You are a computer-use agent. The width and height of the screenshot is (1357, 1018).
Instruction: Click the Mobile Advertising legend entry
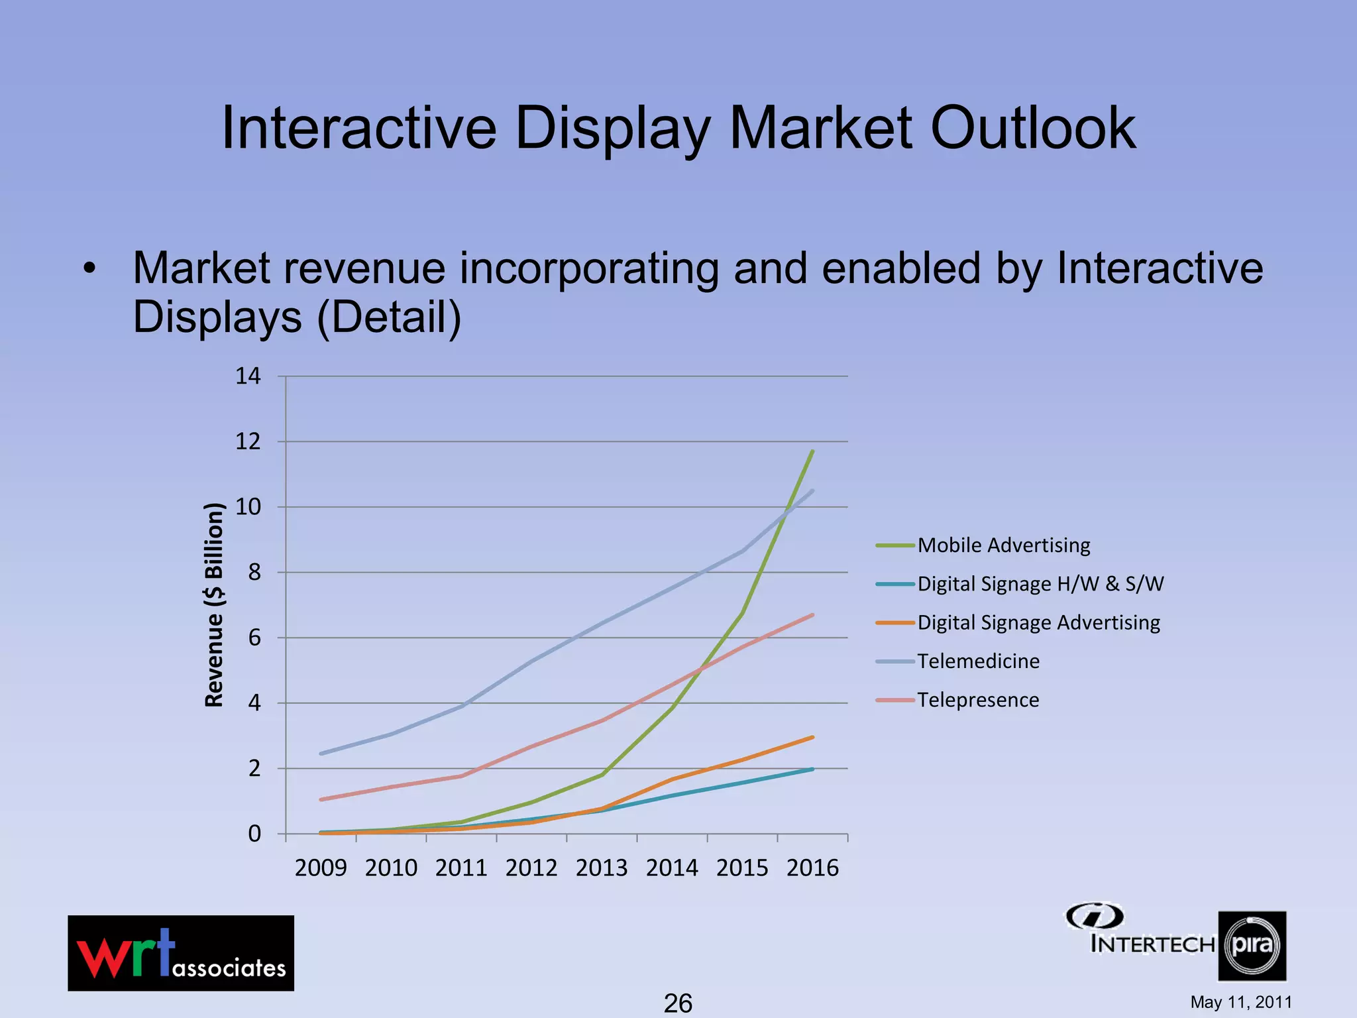click(x=1003, y=545)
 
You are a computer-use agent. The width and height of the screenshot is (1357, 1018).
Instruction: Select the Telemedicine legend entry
click(x=978, y=661)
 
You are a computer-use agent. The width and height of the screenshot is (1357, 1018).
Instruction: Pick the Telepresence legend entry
click(x=978, y=700)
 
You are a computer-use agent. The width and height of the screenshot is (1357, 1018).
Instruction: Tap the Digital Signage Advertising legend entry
click(x=1038, y=623)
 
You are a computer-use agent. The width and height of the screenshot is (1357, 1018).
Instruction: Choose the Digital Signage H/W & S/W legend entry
click(x=1040, y=584)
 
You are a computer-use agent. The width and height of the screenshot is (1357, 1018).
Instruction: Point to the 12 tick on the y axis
click(x=248, y=441)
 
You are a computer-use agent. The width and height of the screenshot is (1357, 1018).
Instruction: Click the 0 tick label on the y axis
click(x=254, y=834)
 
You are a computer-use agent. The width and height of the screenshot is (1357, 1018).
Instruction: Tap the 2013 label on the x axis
click(x=602, y=868)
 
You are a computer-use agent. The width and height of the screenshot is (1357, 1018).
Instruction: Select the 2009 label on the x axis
click(x=321, y=868)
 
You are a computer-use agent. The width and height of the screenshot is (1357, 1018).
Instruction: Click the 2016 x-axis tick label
click(x=812, y=868)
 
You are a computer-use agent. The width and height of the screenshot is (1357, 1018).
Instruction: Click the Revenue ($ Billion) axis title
click(x=214, y=604)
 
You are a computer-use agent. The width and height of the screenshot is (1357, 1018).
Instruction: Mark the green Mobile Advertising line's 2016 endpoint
click(x=812, y=451)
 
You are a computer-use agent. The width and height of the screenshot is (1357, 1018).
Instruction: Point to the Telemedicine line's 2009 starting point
click(x=321, y=754)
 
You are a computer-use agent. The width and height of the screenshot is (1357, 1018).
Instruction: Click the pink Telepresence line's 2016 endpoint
click(x=812, y=615)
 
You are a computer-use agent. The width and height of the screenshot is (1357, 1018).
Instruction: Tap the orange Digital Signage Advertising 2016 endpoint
click(x=812, y=737)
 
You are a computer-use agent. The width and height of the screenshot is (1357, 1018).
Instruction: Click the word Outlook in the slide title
click(x=1033, y=128)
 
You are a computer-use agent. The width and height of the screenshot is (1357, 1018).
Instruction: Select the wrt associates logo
click(x=181, y=953)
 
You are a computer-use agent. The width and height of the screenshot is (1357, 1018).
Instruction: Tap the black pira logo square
click(x=1252, y=946)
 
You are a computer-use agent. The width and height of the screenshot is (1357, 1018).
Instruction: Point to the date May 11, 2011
click(x=1241, y=1002)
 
